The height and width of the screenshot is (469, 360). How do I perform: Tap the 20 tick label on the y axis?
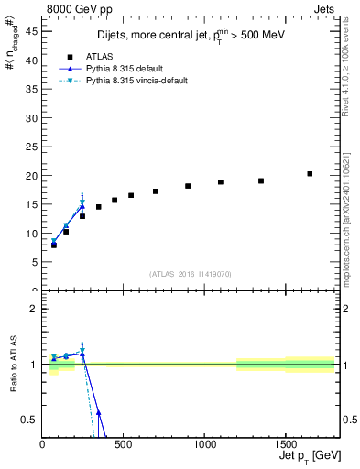click(32, 175)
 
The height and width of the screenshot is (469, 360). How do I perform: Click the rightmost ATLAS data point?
click(310, 173)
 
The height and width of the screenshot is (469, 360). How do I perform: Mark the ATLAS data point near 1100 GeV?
click(221, 182)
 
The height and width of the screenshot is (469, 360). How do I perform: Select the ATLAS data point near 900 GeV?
click(188, 186)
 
